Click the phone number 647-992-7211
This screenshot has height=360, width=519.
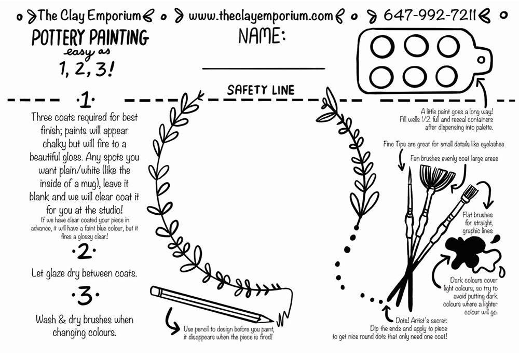pos(430,15)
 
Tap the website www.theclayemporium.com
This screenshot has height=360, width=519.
pos(261,16)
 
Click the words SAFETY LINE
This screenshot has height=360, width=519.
pos(261,90)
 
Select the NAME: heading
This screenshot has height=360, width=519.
pos(262,36)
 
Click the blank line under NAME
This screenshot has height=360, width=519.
pos(264,68)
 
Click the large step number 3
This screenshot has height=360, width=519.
pos(86,295)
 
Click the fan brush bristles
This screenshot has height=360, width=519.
pos(438,177)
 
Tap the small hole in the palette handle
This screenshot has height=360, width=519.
pos(481,60)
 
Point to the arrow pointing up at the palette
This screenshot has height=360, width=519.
pos(484,93)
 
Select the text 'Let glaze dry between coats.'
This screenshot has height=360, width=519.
pos(84,273)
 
